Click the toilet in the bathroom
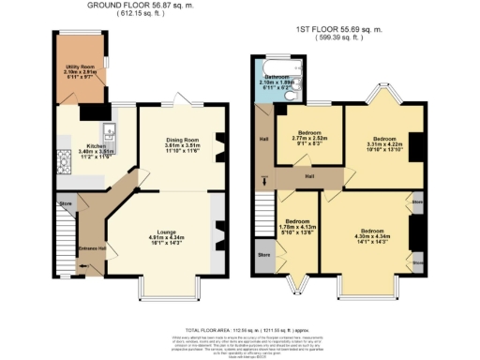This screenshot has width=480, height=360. (x=292, y=94)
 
